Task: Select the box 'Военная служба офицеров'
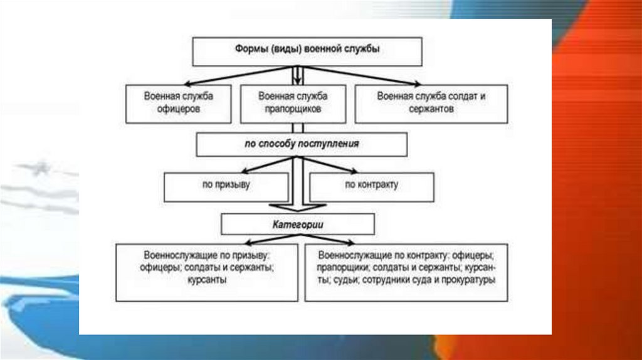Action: tap(179, 103)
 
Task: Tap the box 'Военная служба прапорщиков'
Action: tap(292, 103)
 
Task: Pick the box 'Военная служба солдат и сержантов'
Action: tap(432, 103)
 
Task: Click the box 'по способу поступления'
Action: tap(302, 144)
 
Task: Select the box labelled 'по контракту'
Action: tap(371, 186)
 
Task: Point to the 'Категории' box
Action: tap(298, 224)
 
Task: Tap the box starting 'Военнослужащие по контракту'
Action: tap(406, 272)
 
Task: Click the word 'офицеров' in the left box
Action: tap(179, 109)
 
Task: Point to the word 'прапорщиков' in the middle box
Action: tap(292, 109)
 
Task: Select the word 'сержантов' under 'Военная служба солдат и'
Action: tap(432, 109)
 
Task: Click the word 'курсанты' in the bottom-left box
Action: tap(206, 280)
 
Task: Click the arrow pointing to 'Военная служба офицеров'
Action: tap(219, 77)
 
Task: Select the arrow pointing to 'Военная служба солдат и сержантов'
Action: tap(376, 77)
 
